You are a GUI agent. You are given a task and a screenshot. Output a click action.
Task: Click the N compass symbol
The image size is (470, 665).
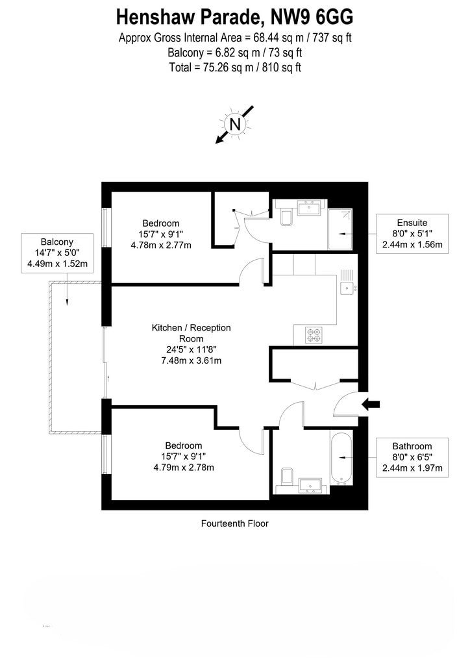point(235,124)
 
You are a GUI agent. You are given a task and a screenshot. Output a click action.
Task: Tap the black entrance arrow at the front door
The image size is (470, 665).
point(371,405)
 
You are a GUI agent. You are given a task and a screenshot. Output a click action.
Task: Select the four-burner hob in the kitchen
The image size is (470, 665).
point(314,335)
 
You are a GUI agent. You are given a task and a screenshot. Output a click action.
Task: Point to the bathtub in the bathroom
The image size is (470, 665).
point(341,458)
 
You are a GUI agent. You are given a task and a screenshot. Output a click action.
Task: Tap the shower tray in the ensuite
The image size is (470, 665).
point(340,229)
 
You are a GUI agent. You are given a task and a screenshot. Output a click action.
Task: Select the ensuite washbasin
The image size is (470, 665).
point(310,208)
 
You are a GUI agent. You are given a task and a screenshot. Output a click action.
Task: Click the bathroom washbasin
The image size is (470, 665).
point(311,485)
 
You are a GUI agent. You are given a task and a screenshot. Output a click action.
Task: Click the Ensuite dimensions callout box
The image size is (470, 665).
point(412,234)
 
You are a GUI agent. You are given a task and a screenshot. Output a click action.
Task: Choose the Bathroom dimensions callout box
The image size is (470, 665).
point(412,457)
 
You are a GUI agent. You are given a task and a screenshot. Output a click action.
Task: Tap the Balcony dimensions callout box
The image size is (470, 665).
point(57,253)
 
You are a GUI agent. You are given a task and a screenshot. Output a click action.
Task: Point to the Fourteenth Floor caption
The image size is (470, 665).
point(235,523)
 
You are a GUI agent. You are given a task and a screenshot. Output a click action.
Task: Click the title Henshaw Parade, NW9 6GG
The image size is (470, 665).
point(235,18)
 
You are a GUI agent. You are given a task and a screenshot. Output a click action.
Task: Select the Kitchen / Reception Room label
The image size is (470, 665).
point(191,333)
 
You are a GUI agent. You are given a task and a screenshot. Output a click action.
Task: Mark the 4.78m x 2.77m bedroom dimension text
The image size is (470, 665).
point(161,245)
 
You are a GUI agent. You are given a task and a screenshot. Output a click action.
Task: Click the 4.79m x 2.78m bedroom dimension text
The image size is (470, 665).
point(184,468)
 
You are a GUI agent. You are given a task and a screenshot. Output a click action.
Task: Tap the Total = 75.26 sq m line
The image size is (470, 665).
point(235,68)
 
